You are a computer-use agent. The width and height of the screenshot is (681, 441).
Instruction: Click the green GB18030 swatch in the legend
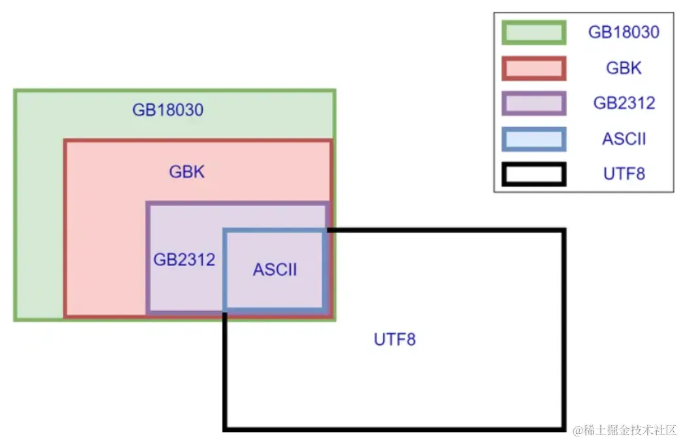point(534,33)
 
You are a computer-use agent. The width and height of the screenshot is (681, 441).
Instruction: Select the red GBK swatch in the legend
point(534,68)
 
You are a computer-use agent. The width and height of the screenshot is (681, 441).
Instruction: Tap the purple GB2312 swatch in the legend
point(534,103)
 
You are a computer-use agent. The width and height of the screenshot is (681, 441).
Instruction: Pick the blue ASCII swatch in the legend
point(534,139)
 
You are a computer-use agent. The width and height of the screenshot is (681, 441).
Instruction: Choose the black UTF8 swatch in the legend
point(534,174)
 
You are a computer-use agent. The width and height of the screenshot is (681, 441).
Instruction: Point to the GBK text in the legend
point(624,68)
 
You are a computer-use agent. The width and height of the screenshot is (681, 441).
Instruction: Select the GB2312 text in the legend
point(624,103)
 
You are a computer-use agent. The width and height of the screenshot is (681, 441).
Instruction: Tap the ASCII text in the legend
point(624,139)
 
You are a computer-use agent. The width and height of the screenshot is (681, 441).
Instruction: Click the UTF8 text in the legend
point(624,174)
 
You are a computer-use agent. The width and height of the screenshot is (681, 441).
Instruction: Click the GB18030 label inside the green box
point(168,110)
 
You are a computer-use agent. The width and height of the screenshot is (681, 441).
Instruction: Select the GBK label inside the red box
point(187,172)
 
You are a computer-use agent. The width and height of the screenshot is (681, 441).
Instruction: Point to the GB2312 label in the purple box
point(184,260)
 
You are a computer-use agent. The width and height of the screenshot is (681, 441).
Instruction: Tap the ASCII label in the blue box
point(275,269)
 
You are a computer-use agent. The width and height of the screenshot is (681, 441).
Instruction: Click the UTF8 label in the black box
point(395,340)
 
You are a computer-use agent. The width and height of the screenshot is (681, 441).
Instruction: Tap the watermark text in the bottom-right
point(625,431)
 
